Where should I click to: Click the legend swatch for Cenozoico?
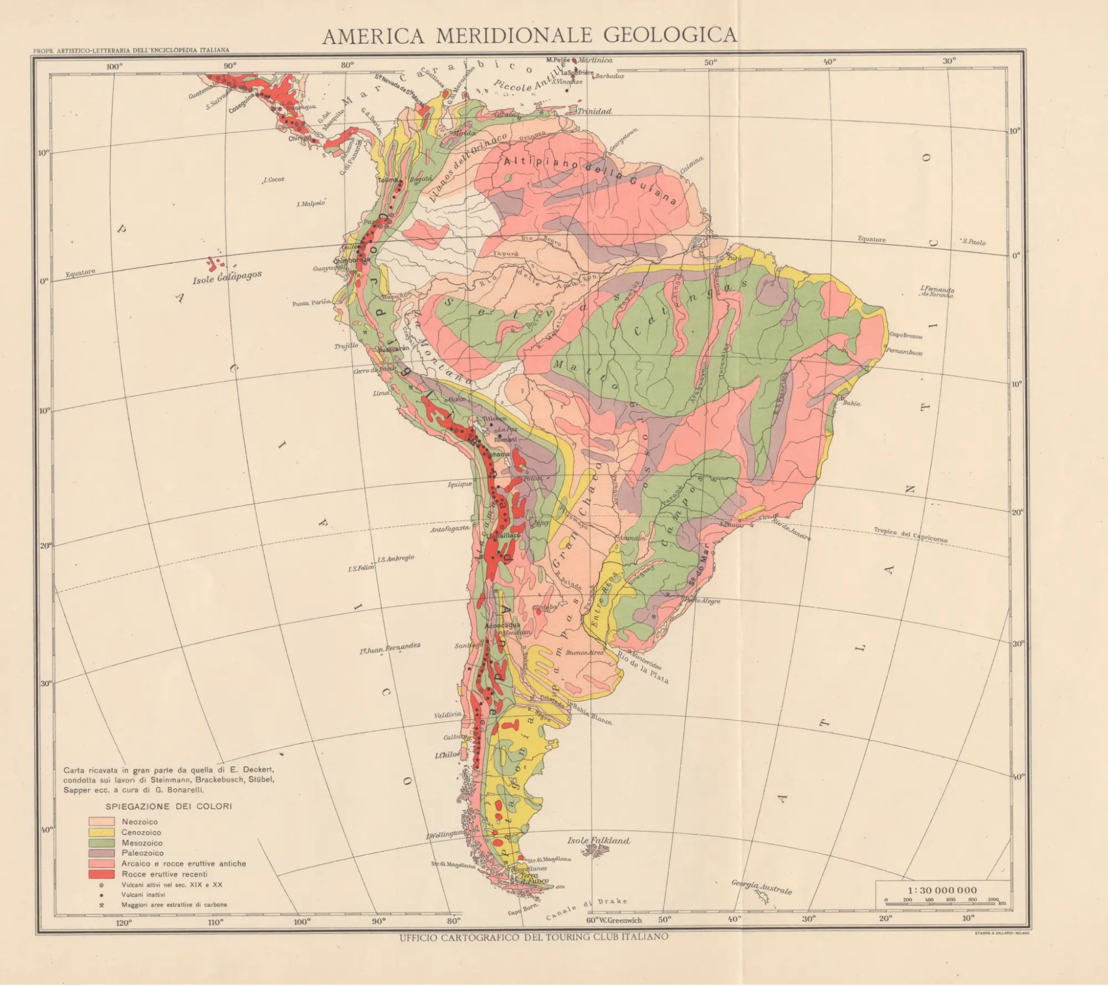click(101, 832)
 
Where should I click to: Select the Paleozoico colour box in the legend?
click(101, 853)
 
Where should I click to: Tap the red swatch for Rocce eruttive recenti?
click(101, 874)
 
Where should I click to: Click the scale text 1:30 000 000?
click(942, 890)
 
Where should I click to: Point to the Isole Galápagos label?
click(227, 278)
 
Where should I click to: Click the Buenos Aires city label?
click(584, 653)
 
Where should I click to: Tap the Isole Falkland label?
click(598, 840)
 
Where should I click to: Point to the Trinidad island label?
click(594, 111)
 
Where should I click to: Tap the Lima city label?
click(381, 393)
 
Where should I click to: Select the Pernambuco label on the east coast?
click(904, 352)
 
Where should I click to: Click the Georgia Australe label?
click(761, 887)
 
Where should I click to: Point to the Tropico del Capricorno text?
click(910, 535)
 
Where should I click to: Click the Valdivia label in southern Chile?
click(448, 715)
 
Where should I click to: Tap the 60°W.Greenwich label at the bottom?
click(614, 920)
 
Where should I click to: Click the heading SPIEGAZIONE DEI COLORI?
click(168, 806)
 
